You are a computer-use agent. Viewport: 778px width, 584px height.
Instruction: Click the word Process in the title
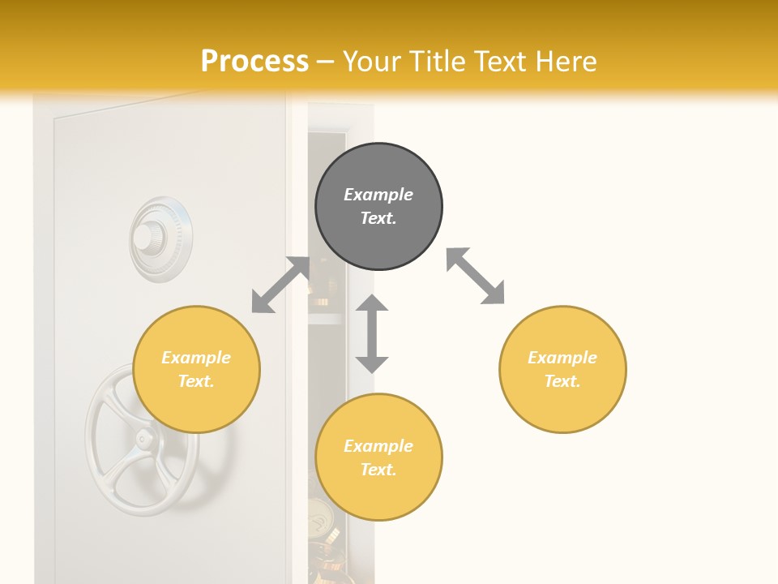click(254, 62)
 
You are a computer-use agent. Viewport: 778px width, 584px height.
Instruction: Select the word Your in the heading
click(374, 62)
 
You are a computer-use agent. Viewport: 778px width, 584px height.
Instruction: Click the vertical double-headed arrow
click(372, 333)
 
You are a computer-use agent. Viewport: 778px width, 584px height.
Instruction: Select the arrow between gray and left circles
click(280, 285)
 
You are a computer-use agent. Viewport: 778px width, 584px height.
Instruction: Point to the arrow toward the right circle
click(476, 277)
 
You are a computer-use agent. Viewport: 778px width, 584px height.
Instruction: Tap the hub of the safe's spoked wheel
click(143, 440)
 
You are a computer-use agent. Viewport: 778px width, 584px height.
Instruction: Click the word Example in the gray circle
click(378, 195)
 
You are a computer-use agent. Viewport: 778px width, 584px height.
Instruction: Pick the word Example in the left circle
click(196, 358)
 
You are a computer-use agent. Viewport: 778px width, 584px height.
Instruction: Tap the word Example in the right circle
click(562, 358)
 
